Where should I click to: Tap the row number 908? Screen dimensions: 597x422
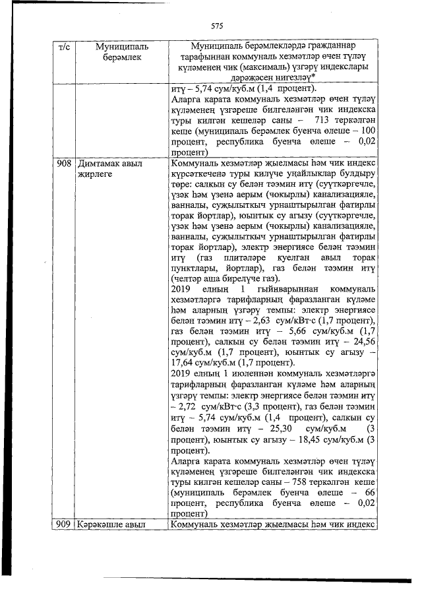point(64,162)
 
